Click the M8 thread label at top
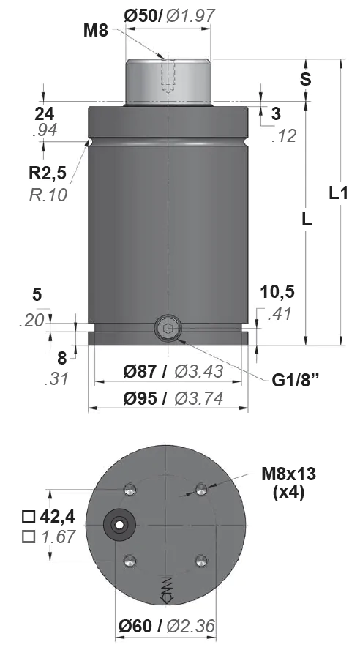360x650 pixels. [96, 31]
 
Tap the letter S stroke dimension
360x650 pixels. [306, 79]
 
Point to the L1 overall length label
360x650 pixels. [338, 193]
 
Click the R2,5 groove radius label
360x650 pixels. [48, 173]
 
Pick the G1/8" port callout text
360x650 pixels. [296, 381]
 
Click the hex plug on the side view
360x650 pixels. [168, 329]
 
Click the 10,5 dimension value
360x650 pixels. [277, 292]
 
